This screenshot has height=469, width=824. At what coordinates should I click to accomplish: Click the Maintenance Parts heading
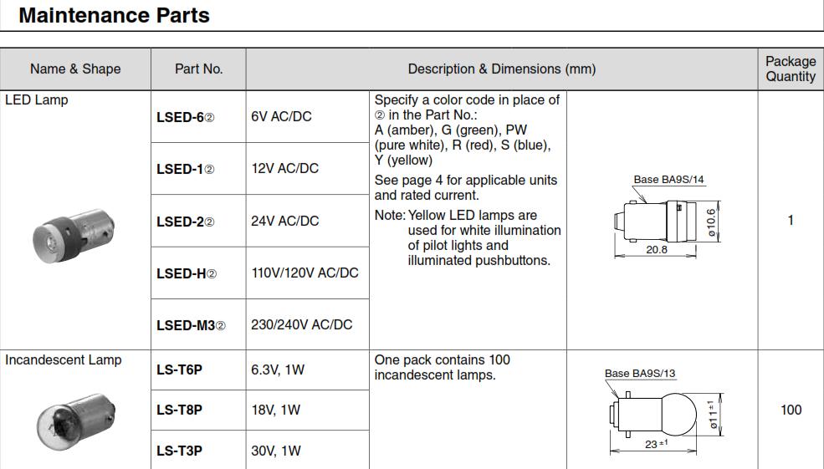(x=114, y=15)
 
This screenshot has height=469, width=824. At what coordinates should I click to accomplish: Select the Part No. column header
(x=198, y=69)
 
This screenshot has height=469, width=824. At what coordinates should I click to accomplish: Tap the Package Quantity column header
(x=791, y=69)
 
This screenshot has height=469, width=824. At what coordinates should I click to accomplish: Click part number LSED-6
(x=185, y=117)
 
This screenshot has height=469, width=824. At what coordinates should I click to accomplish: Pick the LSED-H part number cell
(x=187, y=273)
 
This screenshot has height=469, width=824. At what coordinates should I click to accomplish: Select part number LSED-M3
(x=191, y=325)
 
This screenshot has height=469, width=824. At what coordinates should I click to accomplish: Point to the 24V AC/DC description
(x=284, y=221)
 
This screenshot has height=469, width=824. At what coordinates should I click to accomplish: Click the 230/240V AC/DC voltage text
(x=302, y=324)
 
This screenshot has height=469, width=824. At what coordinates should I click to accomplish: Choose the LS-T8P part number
(x=179, y=410)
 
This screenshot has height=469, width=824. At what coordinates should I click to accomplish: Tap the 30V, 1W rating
(x=276, y=451)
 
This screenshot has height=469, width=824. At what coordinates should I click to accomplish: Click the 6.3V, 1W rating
(x=278, y=370)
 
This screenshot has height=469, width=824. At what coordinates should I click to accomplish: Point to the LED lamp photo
(x=74, y=236)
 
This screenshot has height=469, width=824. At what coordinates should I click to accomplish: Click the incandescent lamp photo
(x=76, y=421)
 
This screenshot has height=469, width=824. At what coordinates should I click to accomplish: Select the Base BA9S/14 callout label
(x=668, y=180)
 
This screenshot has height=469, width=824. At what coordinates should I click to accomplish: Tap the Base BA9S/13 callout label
(x=640, y=374)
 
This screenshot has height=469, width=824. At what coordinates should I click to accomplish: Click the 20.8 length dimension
(x=657, y=249)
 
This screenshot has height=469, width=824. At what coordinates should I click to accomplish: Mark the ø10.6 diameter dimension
(x=711, y=222)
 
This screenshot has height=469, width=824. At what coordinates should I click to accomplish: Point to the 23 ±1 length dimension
(x=657, y=444)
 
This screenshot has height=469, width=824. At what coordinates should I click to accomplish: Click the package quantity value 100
(x=791, y=410)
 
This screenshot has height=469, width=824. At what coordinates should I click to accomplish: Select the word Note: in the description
(x=390, y=216)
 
